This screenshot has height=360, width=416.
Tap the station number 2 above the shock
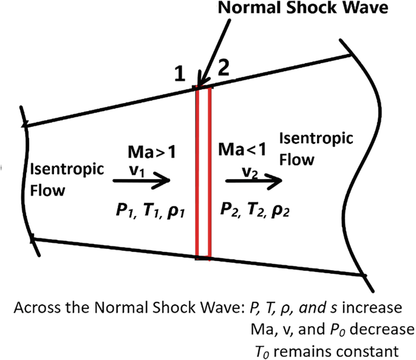223,69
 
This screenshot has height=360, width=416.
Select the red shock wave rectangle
203,174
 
